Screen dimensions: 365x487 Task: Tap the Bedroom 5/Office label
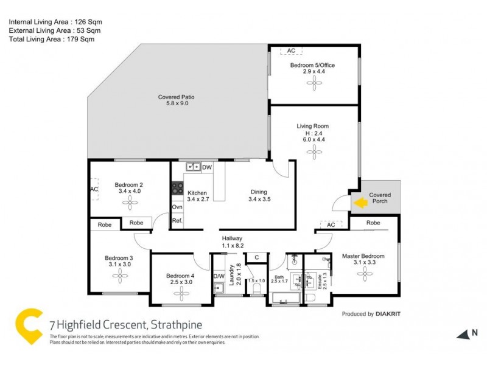(312, 65)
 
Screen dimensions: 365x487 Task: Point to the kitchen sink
(194, 166)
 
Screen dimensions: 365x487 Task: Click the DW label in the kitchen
(207, 167)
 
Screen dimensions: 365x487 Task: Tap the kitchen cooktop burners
(178, 189)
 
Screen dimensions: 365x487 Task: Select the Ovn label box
(177, 207)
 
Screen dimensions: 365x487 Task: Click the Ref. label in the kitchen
(177, 221)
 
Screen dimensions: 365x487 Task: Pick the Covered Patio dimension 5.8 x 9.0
(177, 103)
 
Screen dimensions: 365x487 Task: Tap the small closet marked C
(257, 257)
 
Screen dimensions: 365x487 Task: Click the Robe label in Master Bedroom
(374, 223)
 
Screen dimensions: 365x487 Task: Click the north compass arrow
(463, 333)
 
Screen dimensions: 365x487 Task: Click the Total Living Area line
(52, 39)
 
